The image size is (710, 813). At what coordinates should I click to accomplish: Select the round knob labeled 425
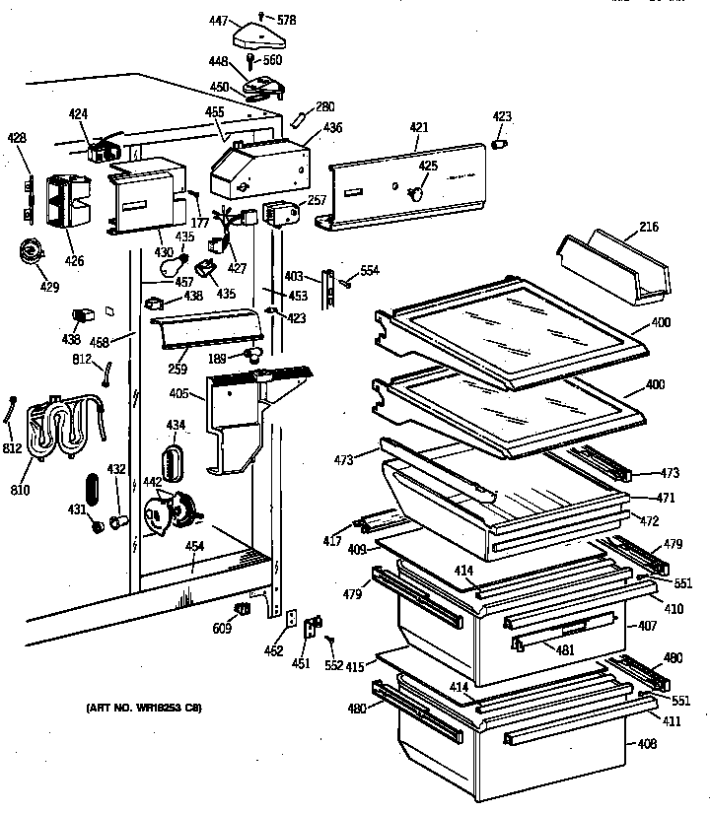(419, 193)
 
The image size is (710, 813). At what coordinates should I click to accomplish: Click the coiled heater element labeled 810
(53, 428)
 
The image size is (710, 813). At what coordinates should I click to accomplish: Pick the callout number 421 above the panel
(419, 127)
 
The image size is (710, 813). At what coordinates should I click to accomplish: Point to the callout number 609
(223, 628)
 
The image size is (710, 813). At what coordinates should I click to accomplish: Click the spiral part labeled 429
(33, 252)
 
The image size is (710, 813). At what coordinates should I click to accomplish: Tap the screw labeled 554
(347, 285)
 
